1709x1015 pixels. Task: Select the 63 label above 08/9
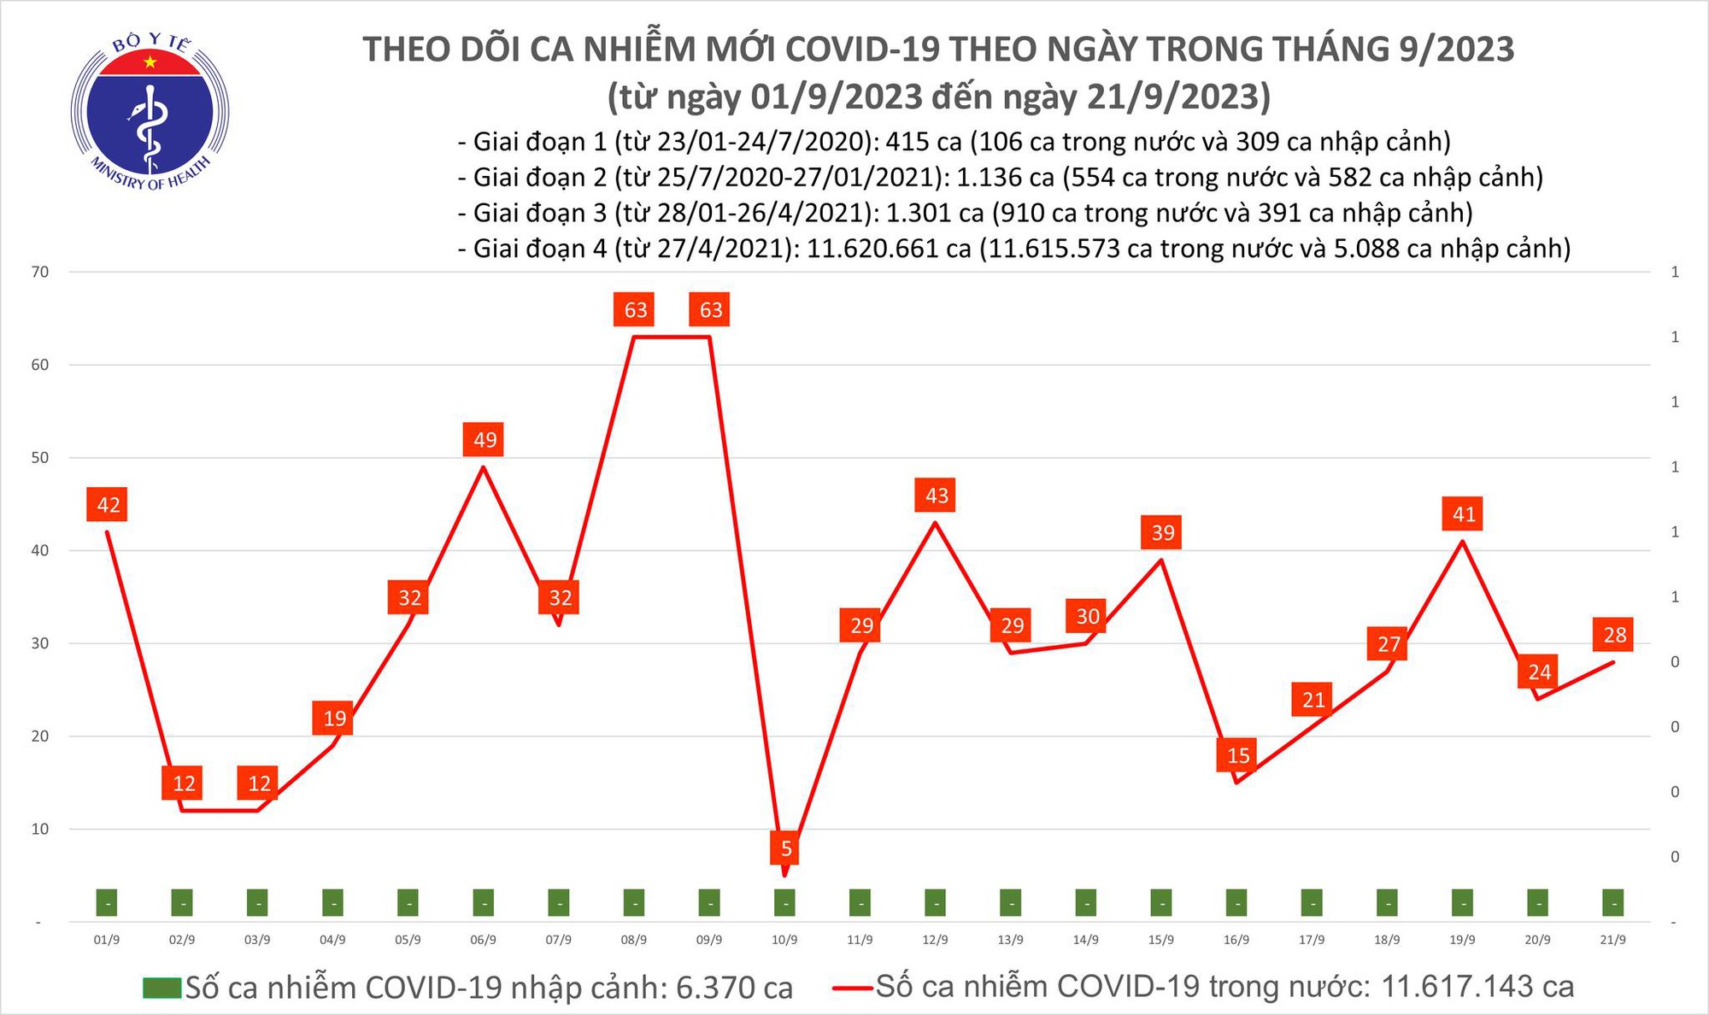pyautogui.click(x=635, y=309)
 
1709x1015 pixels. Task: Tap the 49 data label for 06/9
pyautogui.click(x=485, y=439)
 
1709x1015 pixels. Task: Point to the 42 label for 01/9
pyautogui.click(x=109, y=504)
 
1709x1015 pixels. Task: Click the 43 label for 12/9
pyautogui.click(x=937, y=495)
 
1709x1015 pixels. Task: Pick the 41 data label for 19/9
pyautogui.click(x=1464, y=513)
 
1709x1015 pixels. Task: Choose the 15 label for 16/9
pyautogui.click(x=1238, y=754)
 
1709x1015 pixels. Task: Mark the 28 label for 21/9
pyautogui.click(x=1614, y=634)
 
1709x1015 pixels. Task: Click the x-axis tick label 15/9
pyautogui.click(x=1160, y=940)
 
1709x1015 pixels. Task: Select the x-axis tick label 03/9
pyautogui.click(x=257, y=940)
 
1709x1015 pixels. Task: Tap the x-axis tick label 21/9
pyautogui.click(x=1612, y=940)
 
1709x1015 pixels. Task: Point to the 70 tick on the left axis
pyautogui.click(x=40, y=272)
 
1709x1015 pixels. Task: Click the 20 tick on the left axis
pyautogui.click(x=40, y=736)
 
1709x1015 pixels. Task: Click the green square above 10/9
pyautogui.click(x=784, y=902)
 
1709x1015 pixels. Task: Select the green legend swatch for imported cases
pyautogui.click(x=162, y=988)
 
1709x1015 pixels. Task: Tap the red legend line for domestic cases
pyautogui.click(x=852, y=989)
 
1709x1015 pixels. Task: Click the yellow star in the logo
pyautogui.click(x=150, y=62)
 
